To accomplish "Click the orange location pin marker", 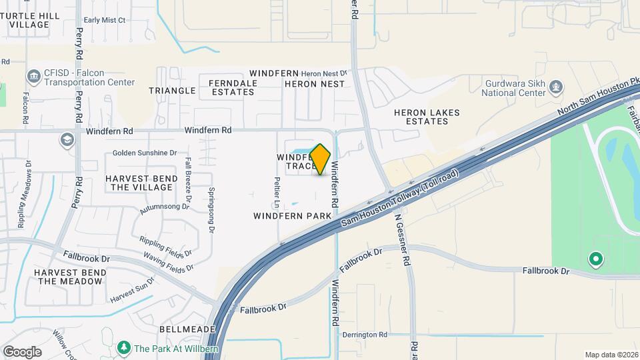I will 320,159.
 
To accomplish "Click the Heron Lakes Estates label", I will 427,117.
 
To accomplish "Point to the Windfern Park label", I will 293,216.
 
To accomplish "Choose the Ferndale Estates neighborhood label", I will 223,87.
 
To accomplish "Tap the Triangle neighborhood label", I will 172,90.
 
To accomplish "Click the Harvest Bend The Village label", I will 141,183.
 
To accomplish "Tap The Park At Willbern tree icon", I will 123,348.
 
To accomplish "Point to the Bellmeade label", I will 187,329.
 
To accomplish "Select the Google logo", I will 23,351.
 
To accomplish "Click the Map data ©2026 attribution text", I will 611,355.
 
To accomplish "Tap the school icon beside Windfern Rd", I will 67,139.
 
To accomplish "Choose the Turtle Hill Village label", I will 30,19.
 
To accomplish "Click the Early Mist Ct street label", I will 105,20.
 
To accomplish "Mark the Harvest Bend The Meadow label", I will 70,277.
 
